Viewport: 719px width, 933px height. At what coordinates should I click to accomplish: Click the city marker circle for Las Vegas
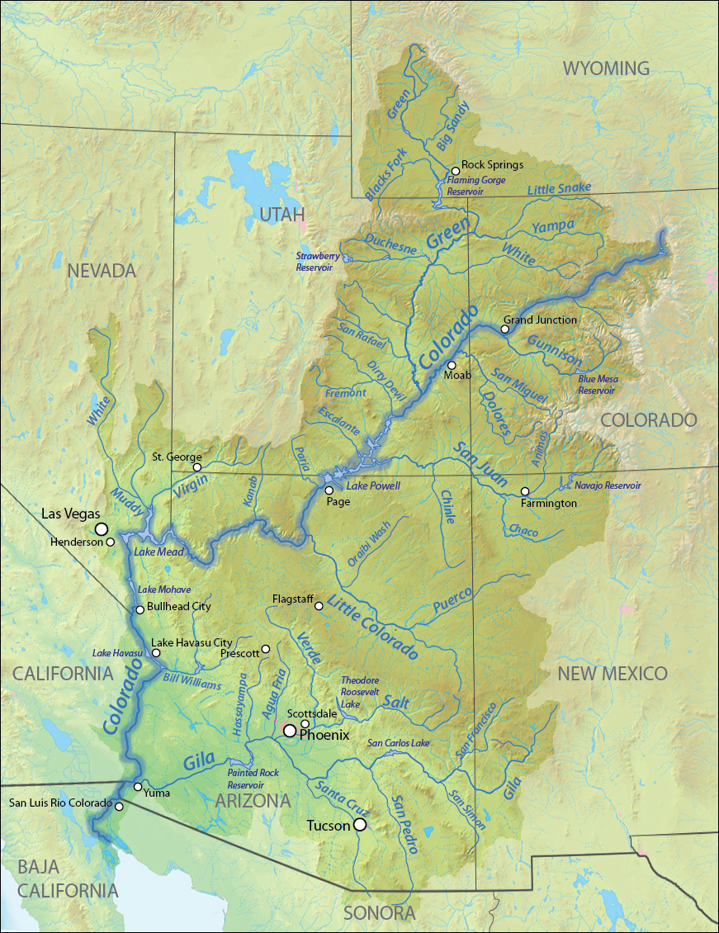pos(101,528)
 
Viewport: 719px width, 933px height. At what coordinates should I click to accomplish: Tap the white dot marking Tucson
pos(360,825)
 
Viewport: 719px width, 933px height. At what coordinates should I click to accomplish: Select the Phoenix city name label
pos(324,734)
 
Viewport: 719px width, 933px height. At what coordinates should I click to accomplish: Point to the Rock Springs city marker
pos(455,171)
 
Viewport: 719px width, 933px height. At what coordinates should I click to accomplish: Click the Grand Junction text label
pos(541,320)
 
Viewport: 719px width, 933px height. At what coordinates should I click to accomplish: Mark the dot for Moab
pos(451,365)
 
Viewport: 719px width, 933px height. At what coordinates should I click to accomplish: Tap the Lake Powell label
pos(372,486)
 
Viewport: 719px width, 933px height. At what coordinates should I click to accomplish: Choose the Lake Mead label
pos(155,552)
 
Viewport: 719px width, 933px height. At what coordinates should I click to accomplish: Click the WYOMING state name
pos(606,69)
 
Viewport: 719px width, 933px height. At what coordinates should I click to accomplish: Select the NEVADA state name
pos(101,271)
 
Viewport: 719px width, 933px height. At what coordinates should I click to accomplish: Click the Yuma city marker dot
pos(138,786)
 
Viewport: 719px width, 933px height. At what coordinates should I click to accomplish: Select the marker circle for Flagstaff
pos(319,606)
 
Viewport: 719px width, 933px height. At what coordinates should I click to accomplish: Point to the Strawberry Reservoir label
pos(317,262)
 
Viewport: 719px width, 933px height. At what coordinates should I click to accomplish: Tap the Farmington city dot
pos(525,491)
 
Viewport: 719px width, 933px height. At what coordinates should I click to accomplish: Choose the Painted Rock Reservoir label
pos(253,779)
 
